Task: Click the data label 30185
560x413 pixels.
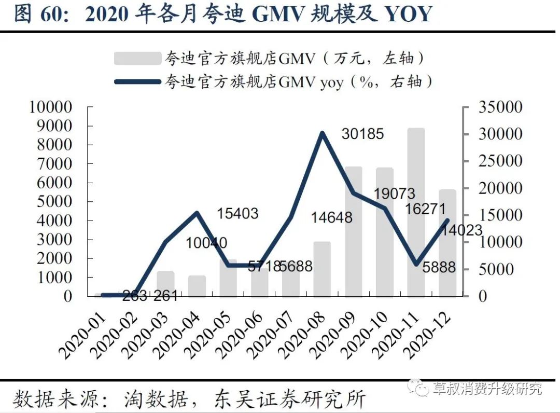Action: [x=362, y=134]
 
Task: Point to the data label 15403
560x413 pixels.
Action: [x=237, y=213]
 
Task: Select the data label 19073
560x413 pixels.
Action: [x=394, y=194]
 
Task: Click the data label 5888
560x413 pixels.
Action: [x=438, y=268]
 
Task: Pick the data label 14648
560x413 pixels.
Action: [x=331, y=217]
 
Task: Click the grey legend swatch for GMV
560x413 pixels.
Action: [x=137, y=58]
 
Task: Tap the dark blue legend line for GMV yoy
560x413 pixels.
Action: [x=137, y=81]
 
